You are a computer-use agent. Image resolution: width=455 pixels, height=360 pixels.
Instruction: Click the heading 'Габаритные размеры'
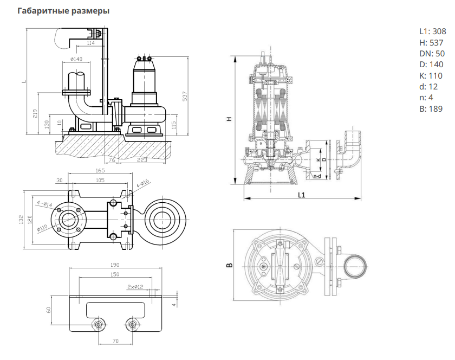(63, 11)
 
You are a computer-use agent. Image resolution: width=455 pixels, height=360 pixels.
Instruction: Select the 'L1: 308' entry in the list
(432, 31)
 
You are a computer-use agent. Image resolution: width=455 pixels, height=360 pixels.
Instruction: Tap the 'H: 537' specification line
(431, 43)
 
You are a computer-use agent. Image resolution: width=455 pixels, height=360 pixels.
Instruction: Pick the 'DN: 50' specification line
(432, 54)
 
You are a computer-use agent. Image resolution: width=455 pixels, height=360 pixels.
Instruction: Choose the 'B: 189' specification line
(431, 109)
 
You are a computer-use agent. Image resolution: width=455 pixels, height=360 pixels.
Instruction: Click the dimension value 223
(142, 160)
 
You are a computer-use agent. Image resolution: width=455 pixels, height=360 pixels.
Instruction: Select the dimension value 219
(36, 114)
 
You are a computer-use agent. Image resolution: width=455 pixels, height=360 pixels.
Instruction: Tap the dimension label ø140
(76, 60)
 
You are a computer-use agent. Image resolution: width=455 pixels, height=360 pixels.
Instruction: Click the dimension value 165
(100, 170)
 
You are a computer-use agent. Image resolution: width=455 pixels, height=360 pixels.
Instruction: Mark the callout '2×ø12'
(135, 286)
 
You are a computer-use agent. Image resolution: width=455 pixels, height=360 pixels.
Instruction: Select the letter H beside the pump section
(229, 119)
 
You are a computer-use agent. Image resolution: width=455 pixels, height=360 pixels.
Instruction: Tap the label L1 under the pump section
(302, 195)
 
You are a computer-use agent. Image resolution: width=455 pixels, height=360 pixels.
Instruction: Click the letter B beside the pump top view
(229, 265)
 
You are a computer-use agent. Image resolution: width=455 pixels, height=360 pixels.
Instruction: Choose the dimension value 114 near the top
(90, 43)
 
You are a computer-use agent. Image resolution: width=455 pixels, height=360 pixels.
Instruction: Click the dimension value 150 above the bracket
(114, 274)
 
